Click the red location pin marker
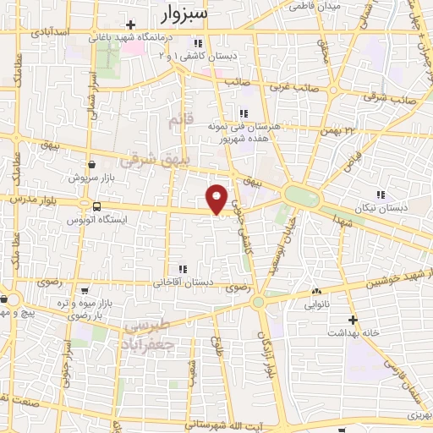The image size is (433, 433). point(216,198)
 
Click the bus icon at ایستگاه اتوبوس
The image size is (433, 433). point(96,206)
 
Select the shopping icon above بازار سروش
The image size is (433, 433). point(90,166)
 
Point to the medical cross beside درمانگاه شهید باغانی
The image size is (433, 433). point(129,25)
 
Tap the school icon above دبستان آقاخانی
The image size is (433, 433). point(183,269)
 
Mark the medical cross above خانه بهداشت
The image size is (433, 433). point(353,321)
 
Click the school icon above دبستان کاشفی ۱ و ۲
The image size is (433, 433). point(197,42)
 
